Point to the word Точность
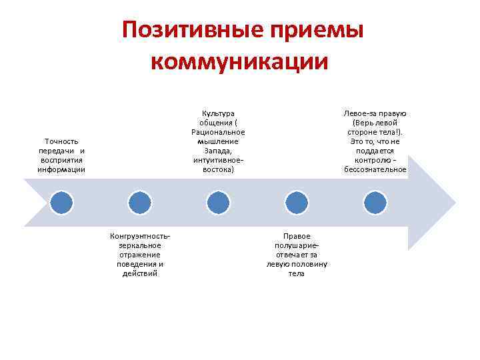[61, 141]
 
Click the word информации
[61, 169]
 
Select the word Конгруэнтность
[139, 236]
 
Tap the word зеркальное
[139, 245]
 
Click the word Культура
[218, 113]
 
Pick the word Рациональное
[218, 132]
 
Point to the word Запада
[218, 151]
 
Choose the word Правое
[296, 236]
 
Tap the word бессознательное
[375, 169]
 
